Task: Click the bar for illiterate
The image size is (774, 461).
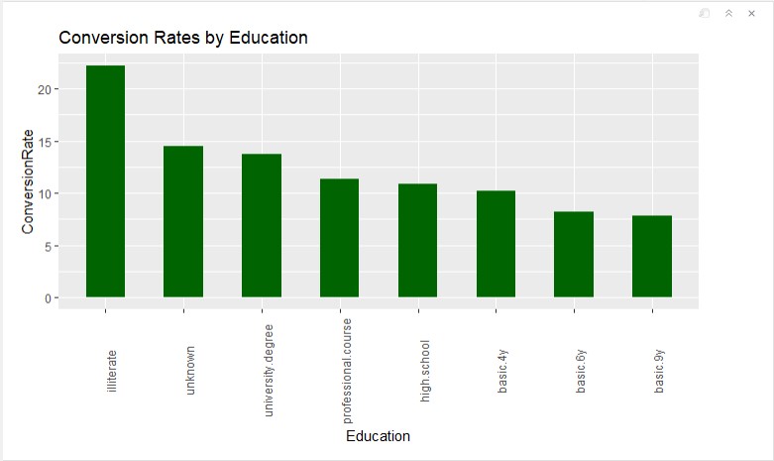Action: coord(105,181)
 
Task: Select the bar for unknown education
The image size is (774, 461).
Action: coord(183,222)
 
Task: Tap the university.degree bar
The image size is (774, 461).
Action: coord(262,226)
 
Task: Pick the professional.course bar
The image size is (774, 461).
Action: coord(339,238)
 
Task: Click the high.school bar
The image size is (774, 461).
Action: coord(417,241)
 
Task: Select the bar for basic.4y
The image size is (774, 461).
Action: coord(496,244)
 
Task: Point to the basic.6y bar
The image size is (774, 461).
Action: coord(574,255)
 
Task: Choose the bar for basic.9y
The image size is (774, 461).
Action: coord(652,257)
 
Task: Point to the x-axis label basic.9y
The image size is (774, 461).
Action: coord(659,373)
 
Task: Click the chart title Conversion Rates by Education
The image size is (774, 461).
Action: coord(183,38)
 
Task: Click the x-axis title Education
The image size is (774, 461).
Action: coord(378,436)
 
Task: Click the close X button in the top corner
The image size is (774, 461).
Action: coord(751,13)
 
